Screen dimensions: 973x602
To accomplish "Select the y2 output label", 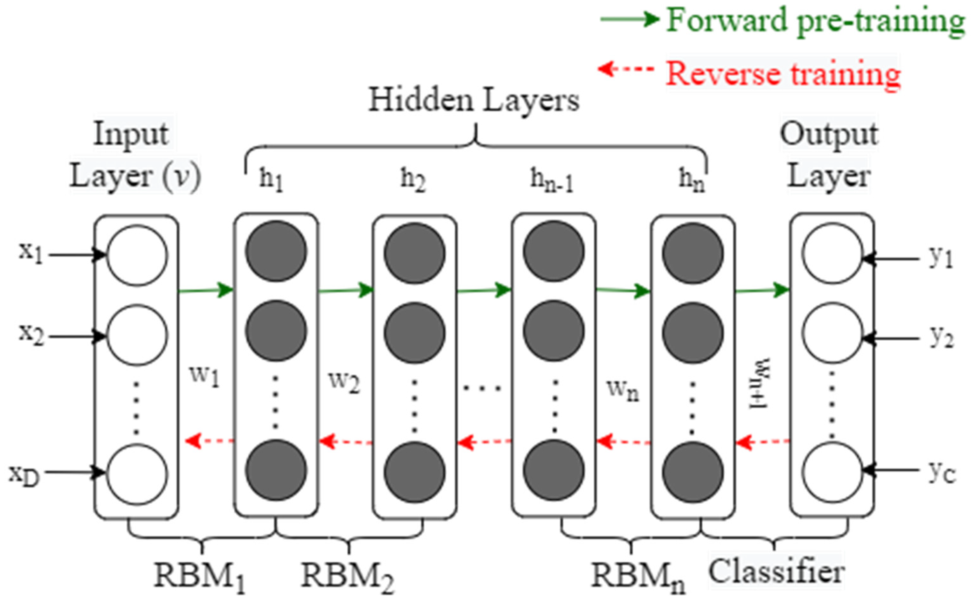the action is [942, 338].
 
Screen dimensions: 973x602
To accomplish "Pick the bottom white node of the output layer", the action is [832, 473].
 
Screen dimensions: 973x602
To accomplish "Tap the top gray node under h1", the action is [276, 252].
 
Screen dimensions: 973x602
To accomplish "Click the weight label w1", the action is [205, 376].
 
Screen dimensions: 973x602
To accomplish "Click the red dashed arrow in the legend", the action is [626, 69].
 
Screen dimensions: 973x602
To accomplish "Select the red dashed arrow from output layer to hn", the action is [763, 441].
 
